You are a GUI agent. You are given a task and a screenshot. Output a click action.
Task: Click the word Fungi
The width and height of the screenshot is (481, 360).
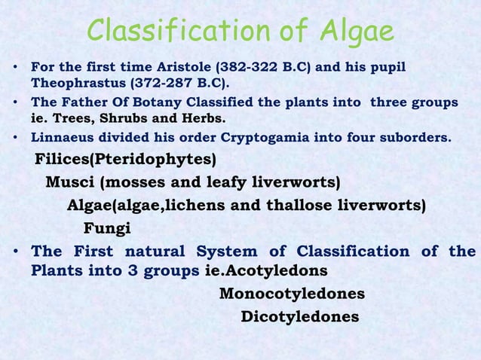(106, 228)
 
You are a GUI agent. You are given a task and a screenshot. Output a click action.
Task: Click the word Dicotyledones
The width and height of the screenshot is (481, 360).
(299, 316)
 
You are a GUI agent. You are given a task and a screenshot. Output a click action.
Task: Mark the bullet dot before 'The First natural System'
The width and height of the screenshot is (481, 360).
(14, 252)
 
